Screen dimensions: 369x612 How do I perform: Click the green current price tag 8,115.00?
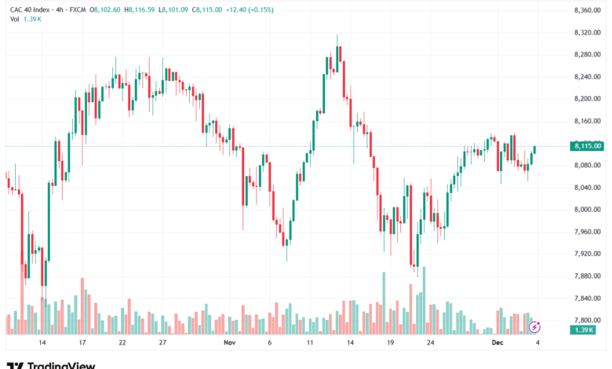pyautogui.click(x=587, y=145)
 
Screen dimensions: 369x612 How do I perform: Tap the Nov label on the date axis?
pyautogui.click(x=229, y=343)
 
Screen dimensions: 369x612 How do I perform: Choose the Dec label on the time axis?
pyautogui.click(x=496, y=343)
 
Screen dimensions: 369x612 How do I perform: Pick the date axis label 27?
pyautogui.click(x=162, y=343)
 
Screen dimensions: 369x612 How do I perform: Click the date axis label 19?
pyautogui.click(x=389, y=343)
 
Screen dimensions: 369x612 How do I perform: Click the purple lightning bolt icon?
pyautogui.click(x=535, y=326)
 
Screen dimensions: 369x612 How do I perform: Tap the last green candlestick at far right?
pyautogui.click(x=535, y=149)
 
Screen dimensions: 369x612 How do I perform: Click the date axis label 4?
pyautogui.click(x=537, y=343)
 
